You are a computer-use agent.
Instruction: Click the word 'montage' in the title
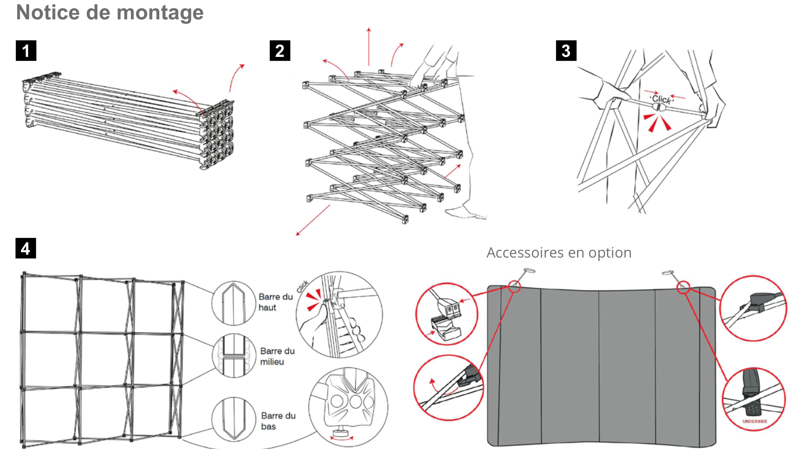point(160,13)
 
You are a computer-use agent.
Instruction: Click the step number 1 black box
point(26,51)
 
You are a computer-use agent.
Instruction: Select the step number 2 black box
point(280,51)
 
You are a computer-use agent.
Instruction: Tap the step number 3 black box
point(566,51)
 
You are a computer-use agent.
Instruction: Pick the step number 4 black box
point(26,248)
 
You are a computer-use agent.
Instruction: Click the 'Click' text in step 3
point(661,99)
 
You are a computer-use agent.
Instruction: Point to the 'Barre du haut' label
point(275,302)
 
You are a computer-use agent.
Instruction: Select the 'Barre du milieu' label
point(277,356)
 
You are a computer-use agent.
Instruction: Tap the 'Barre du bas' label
point(278,421)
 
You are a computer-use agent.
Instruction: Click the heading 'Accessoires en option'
point(559,253)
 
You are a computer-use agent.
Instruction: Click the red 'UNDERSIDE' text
point(755,421)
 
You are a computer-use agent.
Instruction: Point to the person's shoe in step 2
point(466,213)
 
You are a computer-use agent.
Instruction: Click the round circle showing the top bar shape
point(234,303)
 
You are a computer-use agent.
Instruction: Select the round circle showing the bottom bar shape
point(234,419)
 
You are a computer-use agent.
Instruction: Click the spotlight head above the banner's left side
point(529,271)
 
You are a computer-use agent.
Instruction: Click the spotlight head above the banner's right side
point(668,273)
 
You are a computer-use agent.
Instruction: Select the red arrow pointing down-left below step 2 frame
point(313,220)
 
